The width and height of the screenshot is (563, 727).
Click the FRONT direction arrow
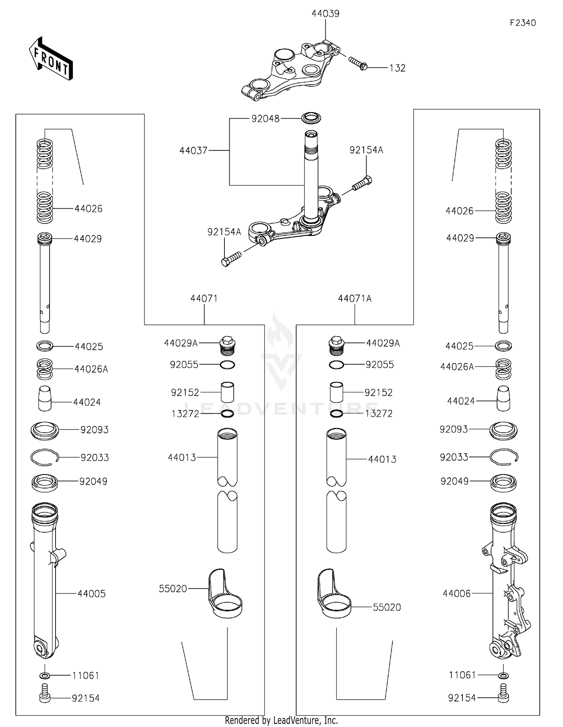(51, 59)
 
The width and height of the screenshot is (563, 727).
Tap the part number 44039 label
(325, 14)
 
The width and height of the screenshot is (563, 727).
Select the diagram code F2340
(522, 23)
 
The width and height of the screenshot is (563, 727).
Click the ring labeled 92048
(312, 118)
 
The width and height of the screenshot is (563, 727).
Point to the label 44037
(193, 150)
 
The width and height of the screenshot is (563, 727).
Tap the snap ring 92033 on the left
(45, 457)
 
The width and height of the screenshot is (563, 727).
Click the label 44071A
(354, 299)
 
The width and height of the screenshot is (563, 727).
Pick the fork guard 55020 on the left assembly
(224, 594)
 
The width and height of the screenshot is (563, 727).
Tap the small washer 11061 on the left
(45, 675)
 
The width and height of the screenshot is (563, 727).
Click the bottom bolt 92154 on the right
(503, 697)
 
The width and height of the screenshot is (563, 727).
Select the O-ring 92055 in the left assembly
(227, 365)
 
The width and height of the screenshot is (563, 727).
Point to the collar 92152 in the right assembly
(336, 392)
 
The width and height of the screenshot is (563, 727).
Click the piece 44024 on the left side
(45, 399)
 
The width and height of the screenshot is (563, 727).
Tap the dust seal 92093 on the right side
(503, 430)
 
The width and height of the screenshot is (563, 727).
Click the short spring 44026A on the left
(45, 369)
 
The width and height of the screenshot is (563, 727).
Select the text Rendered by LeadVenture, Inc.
(281, 720)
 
